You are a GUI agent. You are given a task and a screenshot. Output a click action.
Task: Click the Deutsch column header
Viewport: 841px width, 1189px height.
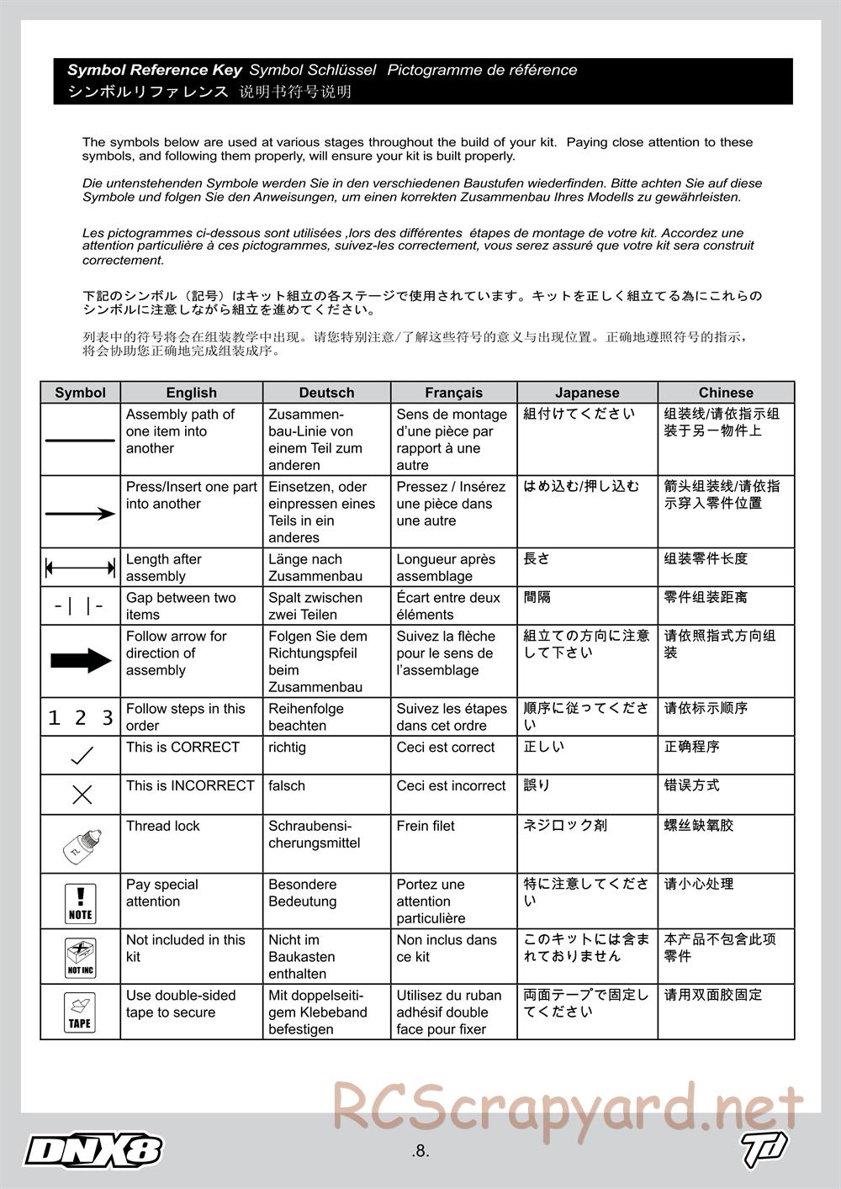coord(326,393)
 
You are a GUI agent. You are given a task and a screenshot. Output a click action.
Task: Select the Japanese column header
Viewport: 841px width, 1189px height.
coord(587,393)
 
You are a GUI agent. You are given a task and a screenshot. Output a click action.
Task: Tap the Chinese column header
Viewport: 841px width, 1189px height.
coord(726,393)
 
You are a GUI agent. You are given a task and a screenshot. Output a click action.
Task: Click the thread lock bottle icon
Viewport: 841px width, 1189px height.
coord(80,843)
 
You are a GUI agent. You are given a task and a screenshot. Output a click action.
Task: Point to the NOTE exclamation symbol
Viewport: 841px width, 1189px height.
coord(80,901)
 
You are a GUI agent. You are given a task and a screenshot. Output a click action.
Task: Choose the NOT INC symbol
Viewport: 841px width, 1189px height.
coord(80,957)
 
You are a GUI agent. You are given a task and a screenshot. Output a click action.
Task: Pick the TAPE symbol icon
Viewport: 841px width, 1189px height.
coord(80,1012)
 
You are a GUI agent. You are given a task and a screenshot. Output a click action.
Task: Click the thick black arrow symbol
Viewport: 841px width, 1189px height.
coord(80,661)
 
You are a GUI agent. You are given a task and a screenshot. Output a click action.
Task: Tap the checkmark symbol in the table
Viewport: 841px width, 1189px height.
coord(82,755)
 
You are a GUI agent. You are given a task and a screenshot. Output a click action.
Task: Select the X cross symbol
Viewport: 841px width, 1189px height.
coord(82,794)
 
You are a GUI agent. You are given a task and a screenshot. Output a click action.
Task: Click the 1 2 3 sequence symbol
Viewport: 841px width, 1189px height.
coord(80,717)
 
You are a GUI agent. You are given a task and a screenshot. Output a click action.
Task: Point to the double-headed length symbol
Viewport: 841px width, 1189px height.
coord(80,568)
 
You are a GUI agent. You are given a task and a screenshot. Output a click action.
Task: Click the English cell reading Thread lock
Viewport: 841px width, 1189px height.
coord(163,826)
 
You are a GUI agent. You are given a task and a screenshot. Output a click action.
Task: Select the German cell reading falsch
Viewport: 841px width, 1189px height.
coord(287,785)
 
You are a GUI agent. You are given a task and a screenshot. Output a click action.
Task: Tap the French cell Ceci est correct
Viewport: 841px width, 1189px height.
coord(446,747)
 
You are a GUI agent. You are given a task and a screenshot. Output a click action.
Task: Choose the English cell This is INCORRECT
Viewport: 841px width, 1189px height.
coord(190,785)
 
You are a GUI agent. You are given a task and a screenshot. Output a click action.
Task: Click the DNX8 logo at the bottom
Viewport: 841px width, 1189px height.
coord(93,1150)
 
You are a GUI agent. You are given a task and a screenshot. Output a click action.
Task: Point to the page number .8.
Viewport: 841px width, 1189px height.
coord(420,1151)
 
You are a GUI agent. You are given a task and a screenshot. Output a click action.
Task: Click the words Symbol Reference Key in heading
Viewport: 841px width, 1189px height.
coord(155,71)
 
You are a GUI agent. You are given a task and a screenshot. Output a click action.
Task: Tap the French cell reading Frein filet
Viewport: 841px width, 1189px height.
coord(426,826)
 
